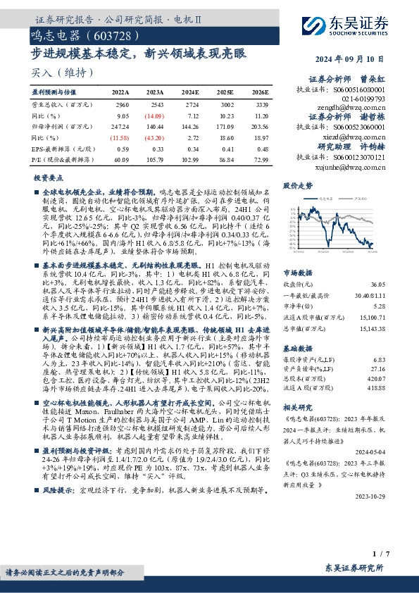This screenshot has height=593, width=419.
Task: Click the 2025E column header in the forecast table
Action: tap(225, 92)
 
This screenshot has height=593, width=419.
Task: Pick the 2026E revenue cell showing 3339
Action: tap(262, 104)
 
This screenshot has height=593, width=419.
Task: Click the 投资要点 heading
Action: tap(49, 179)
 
